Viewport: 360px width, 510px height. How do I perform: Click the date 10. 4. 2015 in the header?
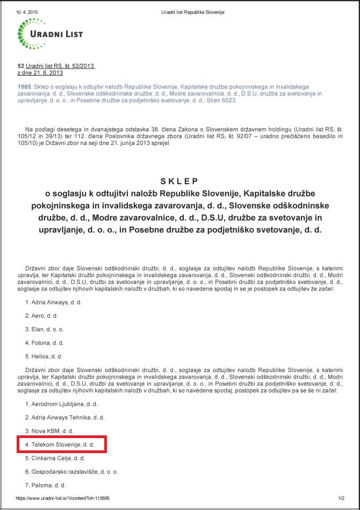coord(27,11)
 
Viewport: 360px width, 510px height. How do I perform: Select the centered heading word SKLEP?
coord(179,181)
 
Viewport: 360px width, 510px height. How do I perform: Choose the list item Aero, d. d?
coord(41,316)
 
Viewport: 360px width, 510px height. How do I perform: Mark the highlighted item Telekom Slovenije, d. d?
coord(60,445)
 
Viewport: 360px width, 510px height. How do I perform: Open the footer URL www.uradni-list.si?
coord(63,498)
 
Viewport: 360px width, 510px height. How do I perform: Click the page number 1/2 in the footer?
coord(341,498)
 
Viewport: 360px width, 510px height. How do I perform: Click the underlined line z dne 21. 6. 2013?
coord(41,72)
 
